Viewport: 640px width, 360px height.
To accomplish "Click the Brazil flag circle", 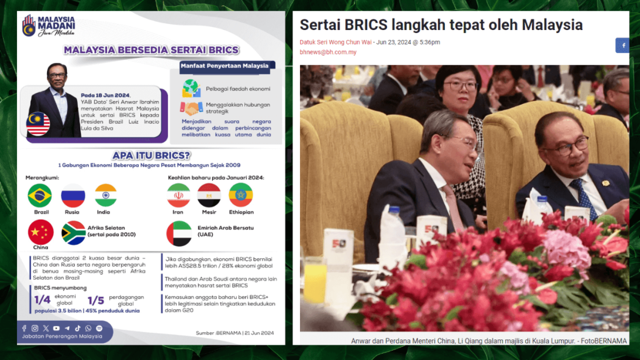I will (40, 196).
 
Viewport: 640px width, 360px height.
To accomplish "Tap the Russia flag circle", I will (73, 196).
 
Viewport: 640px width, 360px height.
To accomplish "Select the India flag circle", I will (106, 196).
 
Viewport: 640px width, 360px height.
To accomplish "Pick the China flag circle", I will (41, 232).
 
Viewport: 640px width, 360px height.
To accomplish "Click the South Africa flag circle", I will (73, 233).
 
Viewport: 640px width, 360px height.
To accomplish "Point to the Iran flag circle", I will (178, 196).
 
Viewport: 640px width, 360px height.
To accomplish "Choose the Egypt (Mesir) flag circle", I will (209, 196).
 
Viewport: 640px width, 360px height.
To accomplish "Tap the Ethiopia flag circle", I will (241, 196).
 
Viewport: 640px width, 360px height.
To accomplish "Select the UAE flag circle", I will (178, 233).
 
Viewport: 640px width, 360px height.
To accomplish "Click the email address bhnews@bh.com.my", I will (328, 52).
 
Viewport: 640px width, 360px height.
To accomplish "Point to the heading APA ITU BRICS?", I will (151, 155).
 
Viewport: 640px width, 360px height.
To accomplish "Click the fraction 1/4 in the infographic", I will (42, 300).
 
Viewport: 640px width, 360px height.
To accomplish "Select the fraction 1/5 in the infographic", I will (96, 300).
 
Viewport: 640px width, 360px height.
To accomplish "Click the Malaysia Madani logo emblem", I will (29, 26).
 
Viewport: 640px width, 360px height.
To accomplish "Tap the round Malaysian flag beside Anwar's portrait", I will (38, 123).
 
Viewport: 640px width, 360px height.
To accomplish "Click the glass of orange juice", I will (315, 281).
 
